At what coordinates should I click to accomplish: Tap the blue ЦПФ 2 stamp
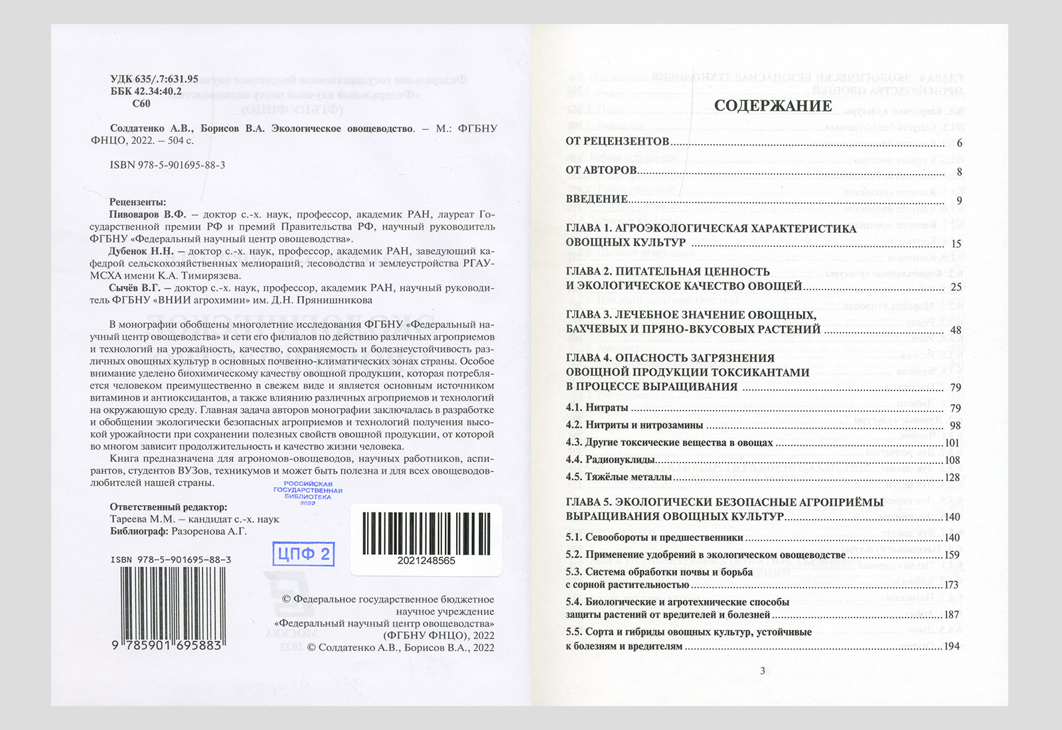tap(303, 553)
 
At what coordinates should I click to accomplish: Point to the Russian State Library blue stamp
tap(307, 493)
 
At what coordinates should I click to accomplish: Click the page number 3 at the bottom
tap(762, 670)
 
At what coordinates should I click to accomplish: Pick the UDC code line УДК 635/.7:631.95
tap(154, 79)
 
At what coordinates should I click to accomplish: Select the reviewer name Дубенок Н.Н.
tap(141, 251)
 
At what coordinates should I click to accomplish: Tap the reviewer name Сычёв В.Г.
tap(135, 287)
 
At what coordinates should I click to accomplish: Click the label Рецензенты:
tap(137, 202)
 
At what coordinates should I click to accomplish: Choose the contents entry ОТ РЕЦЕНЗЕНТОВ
tap(617, 141)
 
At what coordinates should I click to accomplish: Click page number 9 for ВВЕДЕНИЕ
tap(959, 200)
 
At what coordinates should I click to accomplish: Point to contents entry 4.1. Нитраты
tap(597, 407)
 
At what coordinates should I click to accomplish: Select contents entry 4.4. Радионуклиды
tap(610, 459)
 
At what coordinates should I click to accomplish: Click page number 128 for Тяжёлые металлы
tap(952, 477)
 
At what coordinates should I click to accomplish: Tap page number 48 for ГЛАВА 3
tap(955, 330)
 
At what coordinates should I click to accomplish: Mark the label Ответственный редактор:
tap(168, 507)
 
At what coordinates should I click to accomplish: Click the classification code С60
tap(141, 104)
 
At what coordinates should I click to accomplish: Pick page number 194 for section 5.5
tap(952, 646)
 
